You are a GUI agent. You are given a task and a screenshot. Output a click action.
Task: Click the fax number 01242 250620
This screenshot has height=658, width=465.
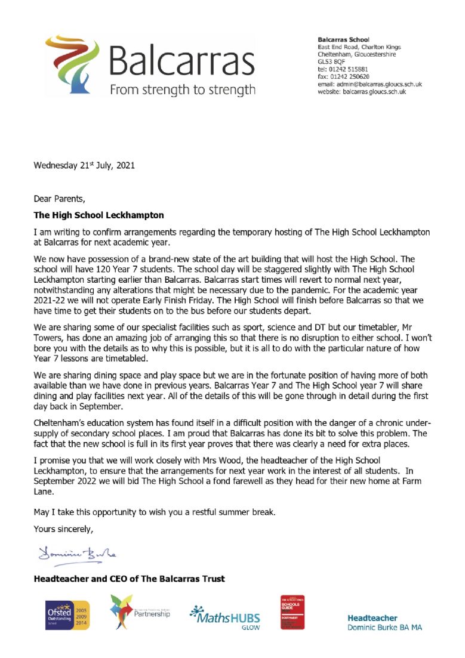[x=353, y=76]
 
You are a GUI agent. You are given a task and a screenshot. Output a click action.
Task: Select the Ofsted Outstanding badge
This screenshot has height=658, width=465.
[x=68, y=614]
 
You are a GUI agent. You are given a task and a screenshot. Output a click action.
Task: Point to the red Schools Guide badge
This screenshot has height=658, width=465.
[x=292, y=612]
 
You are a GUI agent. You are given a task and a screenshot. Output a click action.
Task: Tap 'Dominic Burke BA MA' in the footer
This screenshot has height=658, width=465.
[x=384, y=628]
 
